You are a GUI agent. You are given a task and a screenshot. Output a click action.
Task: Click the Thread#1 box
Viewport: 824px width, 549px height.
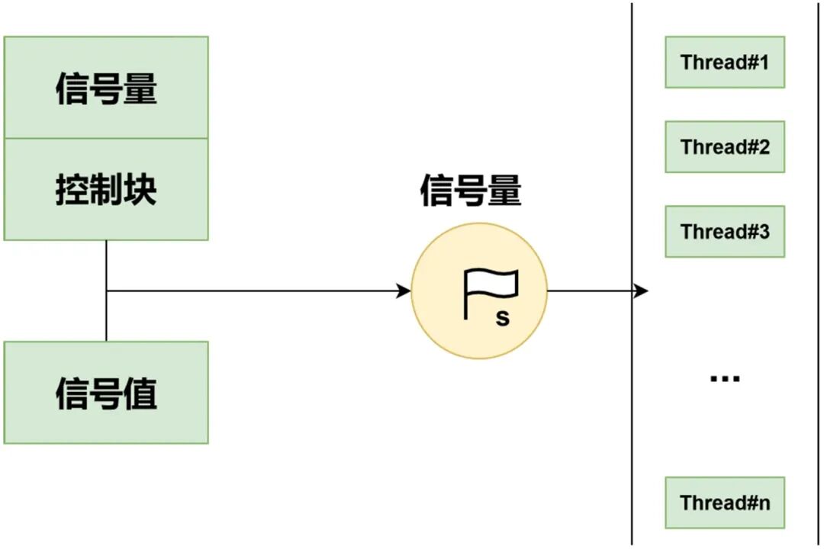pyautogui.click(x=725, y=62)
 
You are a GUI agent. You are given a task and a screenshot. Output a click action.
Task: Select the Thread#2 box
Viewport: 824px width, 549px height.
pyautogui.click(x=725, y=146)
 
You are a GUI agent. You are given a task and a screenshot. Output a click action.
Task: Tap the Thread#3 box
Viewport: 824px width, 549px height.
pyautogui.click(x=725, y=231)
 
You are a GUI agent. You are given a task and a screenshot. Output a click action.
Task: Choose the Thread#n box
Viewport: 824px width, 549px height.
pyautogui.click(x=725, y=502)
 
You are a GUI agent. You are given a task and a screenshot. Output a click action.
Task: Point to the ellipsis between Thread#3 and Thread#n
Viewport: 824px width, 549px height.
pyautogui.click(x=725, y=377)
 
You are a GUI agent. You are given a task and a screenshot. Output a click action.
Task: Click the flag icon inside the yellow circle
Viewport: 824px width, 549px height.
pyautogui.click(x=489, y=293)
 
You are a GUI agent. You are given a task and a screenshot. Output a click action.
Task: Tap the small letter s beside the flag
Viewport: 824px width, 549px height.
pyautogui.click(x=502, y=318)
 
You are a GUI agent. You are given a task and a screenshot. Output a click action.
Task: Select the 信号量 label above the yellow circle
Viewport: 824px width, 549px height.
pyautogui.click(x=471, y=191)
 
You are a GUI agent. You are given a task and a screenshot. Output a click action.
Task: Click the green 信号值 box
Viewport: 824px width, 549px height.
pyautogui.click(x=106, y=393)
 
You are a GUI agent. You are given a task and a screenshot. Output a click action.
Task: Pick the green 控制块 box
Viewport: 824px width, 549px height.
pyautogui.click(x=106, y=189)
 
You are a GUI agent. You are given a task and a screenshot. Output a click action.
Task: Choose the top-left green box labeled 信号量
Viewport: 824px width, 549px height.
pyautogui.click(x=106, y=88)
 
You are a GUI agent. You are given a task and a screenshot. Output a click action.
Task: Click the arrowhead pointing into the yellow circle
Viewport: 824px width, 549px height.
pyautogui.click(x=404, y=291)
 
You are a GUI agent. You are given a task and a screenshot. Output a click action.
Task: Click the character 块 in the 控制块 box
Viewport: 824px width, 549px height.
pyautogui.click(x=140, y=189)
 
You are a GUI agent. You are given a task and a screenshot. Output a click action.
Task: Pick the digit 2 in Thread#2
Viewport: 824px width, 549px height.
pyautogui.click(x=762, y=146)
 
